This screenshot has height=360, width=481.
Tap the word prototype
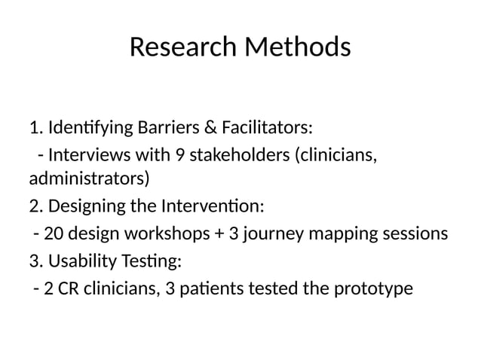click(x=375, y=288)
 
